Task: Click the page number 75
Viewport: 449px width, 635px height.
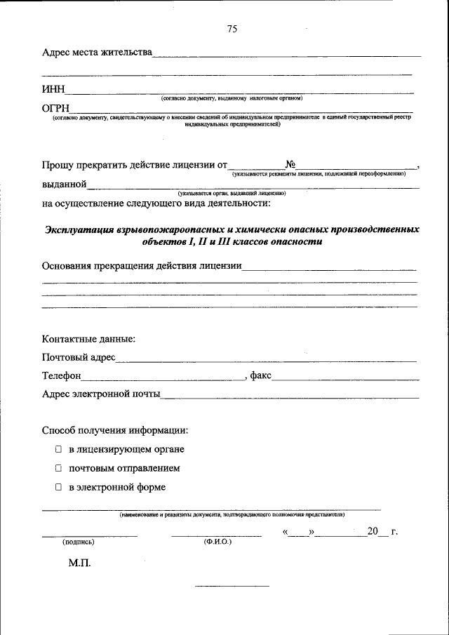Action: click(x=233, y=29)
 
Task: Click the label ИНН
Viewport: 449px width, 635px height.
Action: click(x=53, y=89)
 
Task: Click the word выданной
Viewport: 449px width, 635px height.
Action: click(x=65, y=185)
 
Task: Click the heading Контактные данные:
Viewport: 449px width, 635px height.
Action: click(x=88, y=339)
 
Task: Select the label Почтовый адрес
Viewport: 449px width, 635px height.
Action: click(x=79, y=358)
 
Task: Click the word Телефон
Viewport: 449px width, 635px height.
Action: click(x=62, y=376)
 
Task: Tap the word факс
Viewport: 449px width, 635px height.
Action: click(x=261, y=376)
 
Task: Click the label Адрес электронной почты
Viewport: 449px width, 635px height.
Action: click(x=101, y=394)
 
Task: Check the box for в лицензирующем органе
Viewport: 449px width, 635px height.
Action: click(x=60, y=450)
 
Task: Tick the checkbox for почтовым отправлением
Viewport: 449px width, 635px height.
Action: click(x=60, y=468)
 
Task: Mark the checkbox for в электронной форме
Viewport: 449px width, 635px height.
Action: click(x=60, y=487)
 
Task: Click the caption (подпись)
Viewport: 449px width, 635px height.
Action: click(x=79, y=542)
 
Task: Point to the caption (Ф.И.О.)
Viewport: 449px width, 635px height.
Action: click(x=217, y=542)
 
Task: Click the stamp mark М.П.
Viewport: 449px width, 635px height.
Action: click(x=79, y=563)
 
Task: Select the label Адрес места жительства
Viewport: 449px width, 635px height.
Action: click(x=97, y=53)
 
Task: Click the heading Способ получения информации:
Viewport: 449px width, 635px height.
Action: click(x=114, y=430)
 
